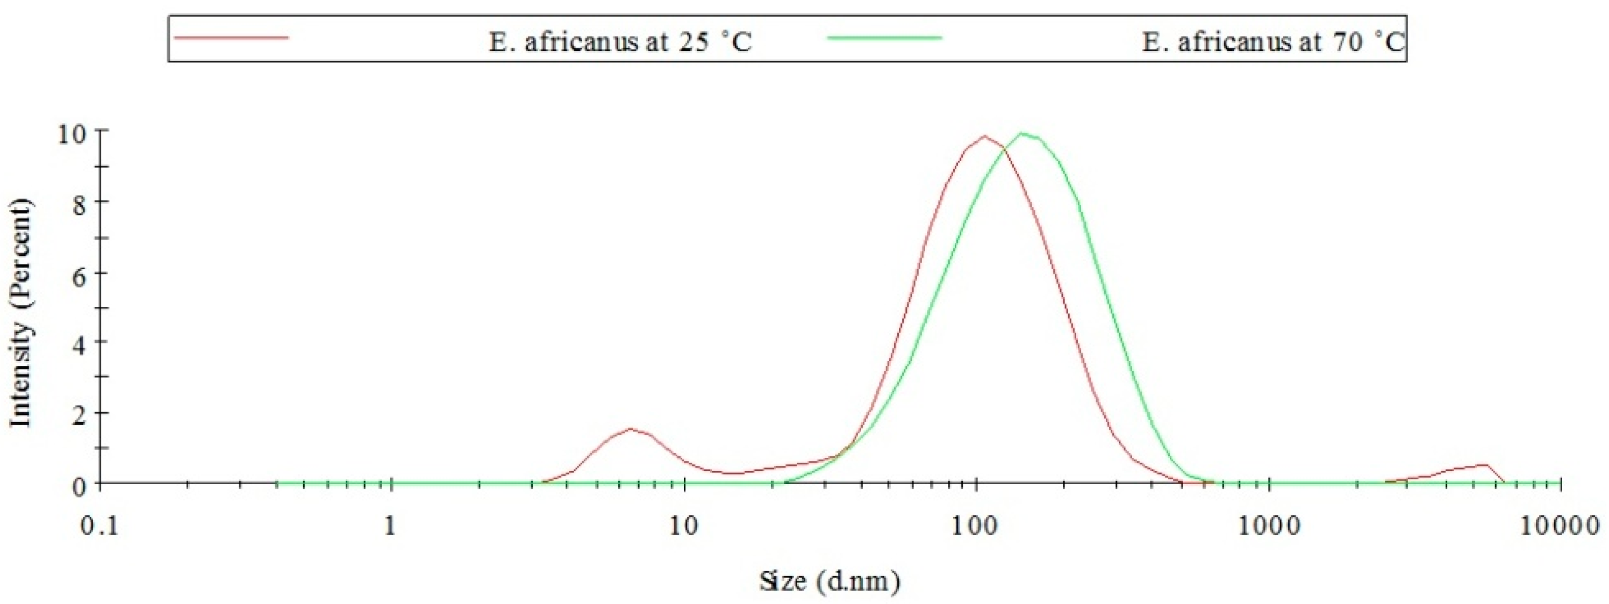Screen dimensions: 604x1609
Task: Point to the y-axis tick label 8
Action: click(x=78, y=204)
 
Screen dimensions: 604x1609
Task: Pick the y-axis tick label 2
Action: click(x=78, y=415)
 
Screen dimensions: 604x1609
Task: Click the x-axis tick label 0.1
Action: click(x=99, y=527)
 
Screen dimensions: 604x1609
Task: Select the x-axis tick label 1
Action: click(x=390, y=527)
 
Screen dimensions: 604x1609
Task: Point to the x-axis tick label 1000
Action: click(x=1269, y=527)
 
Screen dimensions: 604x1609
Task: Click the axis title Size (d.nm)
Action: click(x=830, y=581)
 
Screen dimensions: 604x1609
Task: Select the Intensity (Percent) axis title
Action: click(x=20, y=312)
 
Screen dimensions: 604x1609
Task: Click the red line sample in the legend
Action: click(x=231, y=38)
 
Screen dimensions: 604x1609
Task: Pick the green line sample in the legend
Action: click(x=884, y=38)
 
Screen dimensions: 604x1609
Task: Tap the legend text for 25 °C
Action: click(x=620, y=42)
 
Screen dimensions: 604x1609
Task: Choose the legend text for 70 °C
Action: click(x=1273, y=42)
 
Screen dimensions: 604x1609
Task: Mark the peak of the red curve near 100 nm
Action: click(x=985, y=136)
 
